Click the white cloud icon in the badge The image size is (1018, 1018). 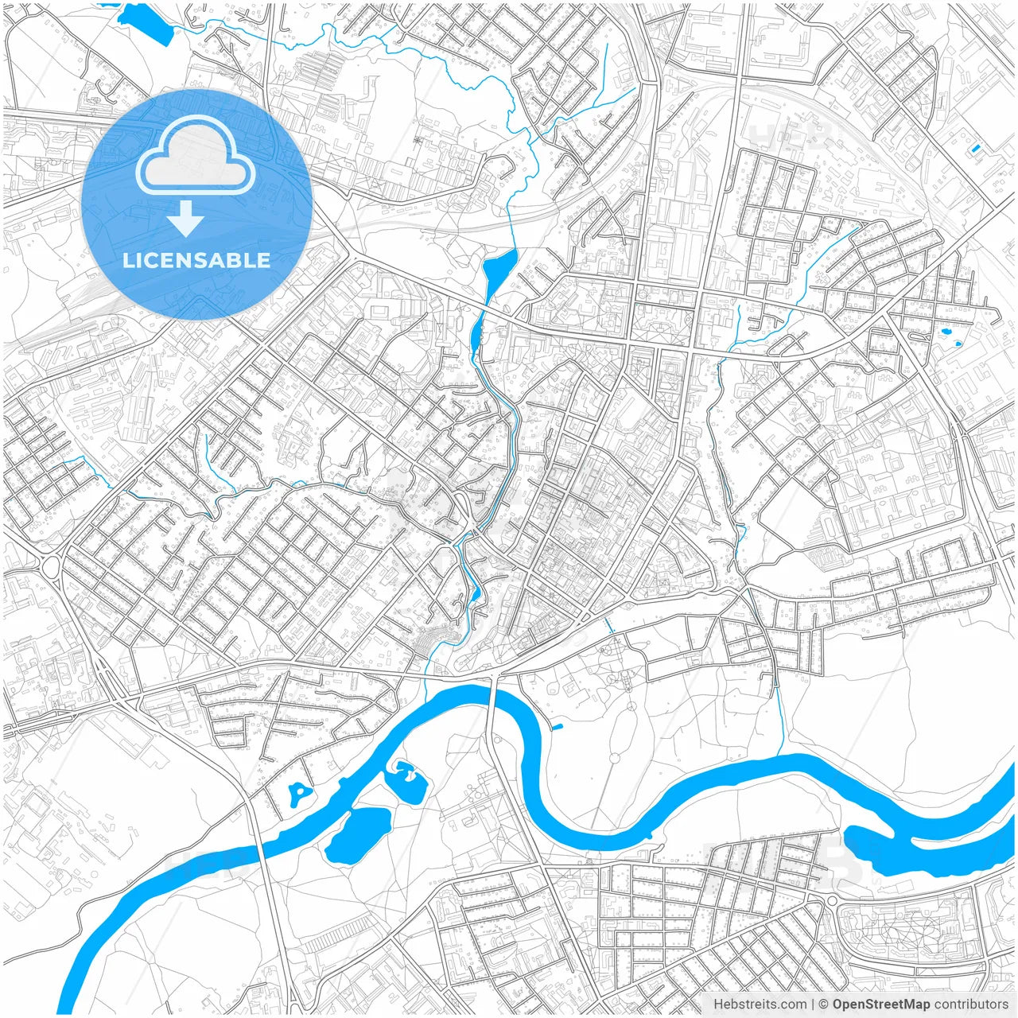click(x=195, y=155)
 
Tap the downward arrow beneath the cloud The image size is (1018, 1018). click(x=185, y=219)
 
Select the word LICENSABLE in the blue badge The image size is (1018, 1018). click(x=196, y=260)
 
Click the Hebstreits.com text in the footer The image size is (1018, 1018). click(x=760, y=1004)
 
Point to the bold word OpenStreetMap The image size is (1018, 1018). click(x=881, y=1004)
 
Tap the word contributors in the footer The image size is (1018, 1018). click(x=971, y=1004)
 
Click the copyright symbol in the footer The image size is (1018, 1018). click(x=824, y=1004)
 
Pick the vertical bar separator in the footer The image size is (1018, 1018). click(x=813, y=1004)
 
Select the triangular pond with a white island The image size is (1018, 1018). click(x=298, y=792)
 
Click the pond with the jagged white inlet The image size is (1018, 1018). click(x=407, y=781)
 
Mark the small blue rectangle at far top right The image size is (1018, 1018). click(x=976, y=148)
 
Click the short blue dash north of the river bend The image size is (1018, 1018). click(x=557, y=725)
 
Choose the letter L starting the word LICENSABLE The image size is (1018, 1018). click(x=128, y=260)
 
